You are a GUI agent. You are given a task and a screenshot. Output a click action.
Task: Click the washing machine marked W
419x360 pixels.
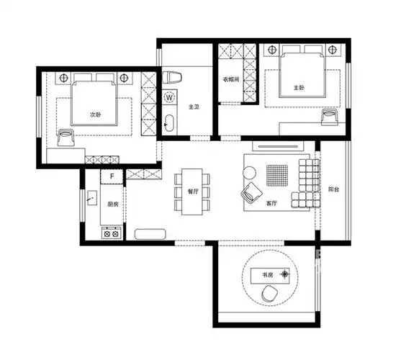point(169,97)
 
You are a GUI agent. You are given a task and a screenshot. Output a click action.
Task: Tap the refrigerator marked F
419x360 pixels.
point(112,176)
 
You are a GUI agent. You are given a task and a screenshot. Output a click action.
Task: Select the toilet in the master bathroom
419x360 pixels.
point(172,78)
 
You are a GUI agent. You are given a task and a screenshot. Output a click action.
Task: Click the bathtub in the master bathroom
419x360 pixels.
point(169,123)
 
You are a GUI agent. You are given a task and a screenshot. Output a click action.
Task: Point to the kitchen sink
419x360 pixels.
point(92,198)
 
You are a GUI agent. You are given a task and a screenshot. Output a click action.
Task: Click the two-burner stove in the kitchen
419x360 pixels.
point(111,234)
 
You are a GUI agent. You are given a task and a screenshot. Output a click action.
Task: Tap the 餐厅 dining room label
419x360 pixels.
point(193,192)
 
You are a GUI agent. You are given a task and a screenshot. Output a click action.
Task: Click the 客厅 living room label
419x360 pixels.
point(271,203)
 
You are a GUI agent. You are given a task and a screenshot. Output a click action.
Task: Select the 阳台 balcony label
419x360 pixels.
point(333,189)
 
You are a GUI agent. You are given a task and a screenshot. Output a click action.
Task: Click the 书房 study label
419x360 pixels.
point(267,275)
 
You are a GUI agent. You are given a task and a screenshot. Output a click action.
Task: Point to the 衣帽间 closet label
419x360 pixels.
point(231,79)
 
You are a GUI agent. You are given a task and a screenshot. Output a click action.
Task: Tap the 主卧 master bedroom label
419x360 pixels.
point(299,87)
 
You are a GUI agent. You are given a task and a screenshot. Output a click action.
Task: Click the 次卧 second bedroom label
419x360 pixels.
point(96,114)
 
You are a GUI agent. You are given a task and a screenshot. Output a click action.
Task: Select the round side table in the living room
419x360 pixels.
point(249,173)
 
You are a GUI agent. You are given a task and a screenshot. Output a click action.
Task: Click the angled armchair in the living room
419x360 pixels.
point(251,192)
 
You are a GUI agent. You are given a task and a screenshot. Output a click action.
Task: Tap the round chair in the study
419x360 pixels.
point(270,294)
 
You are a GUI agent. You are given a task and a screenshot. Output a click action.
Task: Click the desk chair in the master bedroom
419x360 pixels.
point(330,117)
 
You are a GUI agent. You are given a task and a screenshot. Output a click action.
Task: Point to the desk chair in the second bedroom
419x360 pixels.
point(66,138)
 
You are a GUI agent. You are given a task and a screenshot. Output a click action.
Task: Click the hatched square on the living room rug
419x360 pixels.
point(277,175)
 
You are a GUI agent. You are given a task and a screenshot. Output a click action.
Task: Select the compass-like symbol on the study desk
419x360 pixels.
point(285,274)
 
